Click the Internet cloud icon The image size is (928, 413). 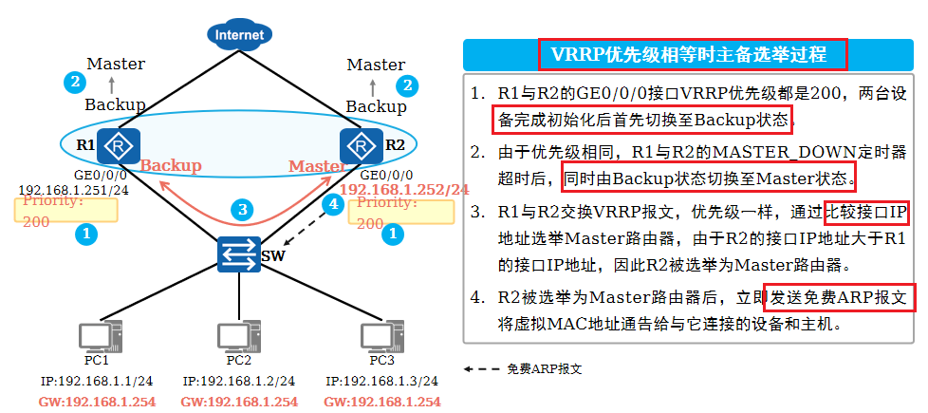(x=239, y=36)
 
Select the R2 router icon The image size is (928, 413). (x=361, y=145)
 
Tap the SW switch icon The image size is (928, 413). (x=239, y=254)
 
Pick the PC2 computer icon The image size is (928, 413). (x=237, y=337)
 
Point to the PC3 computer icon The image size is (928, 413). (x=380, y=337)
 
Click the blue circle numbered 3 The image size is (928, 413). (x=243, y=209)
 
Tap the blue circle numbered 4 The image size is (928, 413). (x=331, y=203)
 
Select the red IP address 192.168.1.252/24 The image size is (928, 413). (x=404, y=190)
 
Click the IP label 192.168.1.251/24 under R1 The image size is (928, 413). (x=74, y=190)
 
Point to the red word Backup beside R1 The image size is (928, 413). (x=171, y=165)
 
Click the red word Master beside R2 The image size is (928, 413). (x=317, y=166)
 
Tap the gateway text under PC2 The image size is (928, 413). (x=239, y=402)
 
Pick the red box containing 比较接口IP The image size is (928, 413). (x=866, y=212)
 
